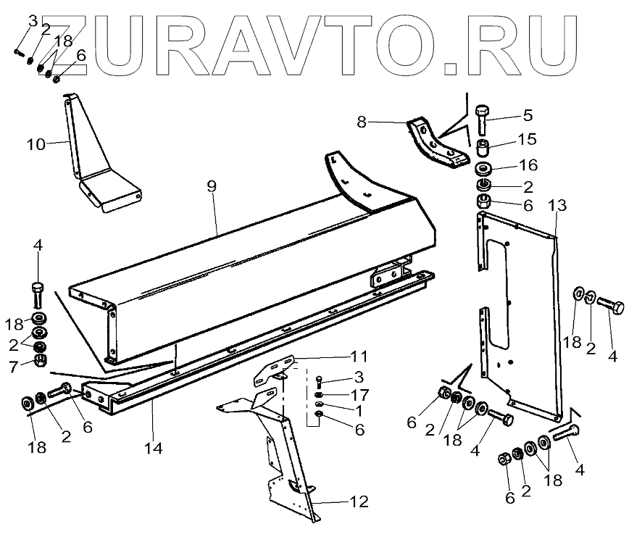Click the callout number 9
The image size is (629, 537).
(x=212, y=186)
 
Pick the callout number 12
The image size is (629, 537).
(x=359, y=501)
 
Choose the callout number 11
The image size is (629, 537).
(x=358, y=357)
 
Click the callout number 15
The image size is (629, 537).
(x=528, y=138)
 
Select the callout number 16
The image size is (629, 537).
(x=528, y=166)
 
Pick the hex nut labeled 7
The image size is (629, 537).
(x=41, y=360)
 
